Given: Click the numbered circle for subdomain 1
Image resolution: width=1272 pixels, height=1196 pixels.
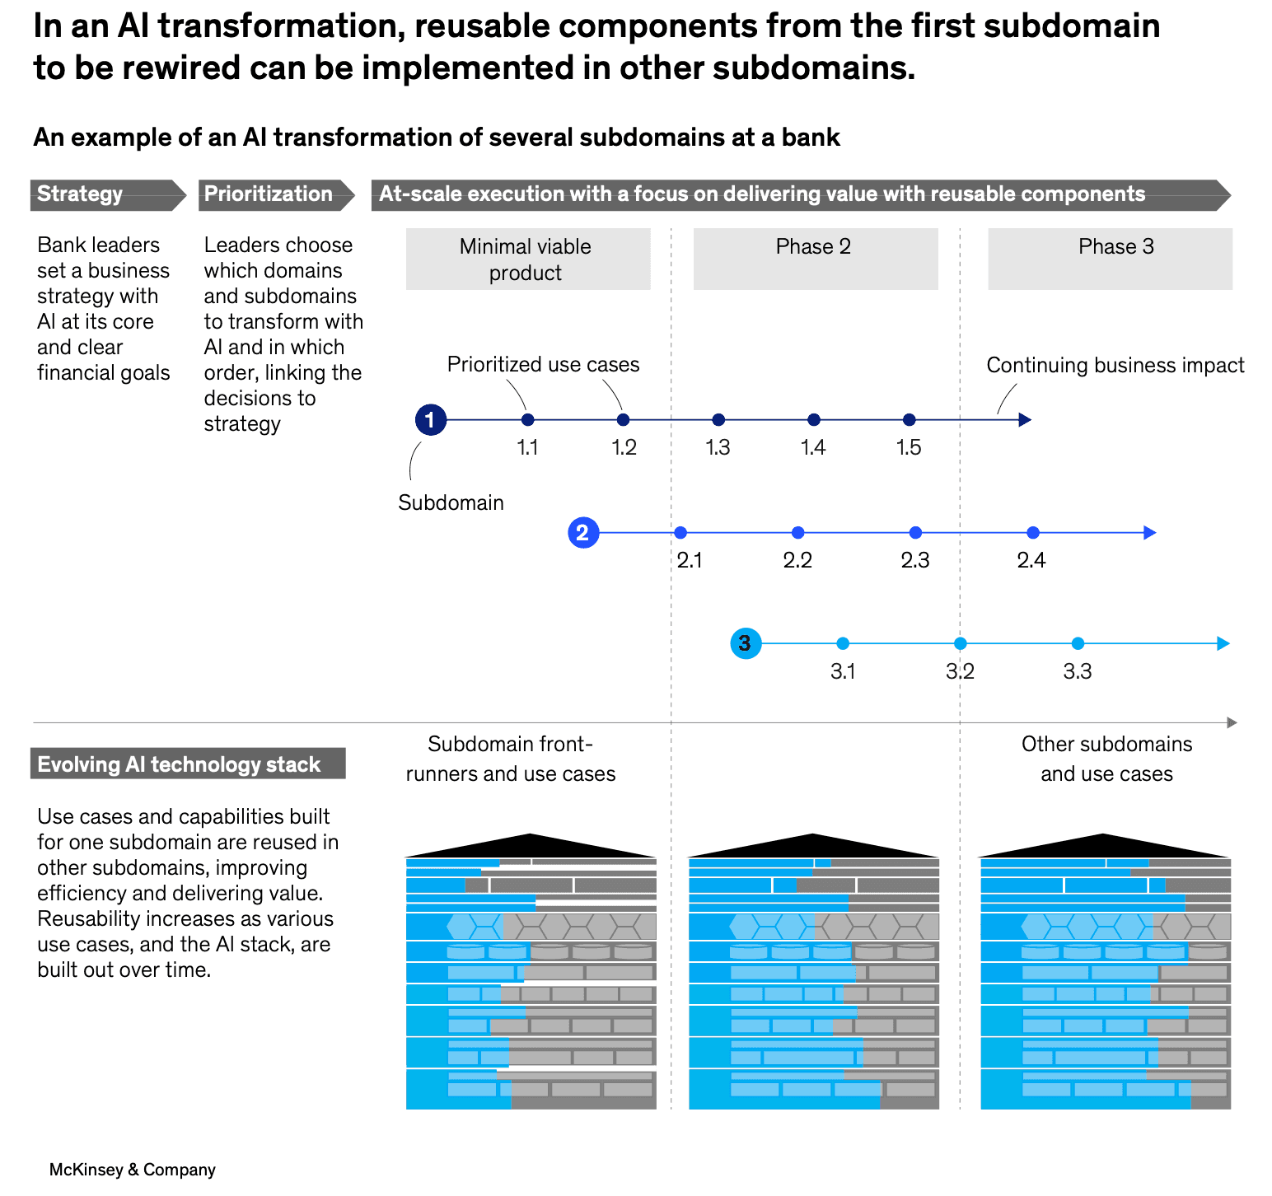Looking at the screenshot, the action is pyautogui.click(x=430, y=420).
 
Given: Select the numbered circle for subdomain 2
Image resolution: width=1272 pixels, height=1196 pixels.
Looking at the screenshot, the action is pyautogui.click(x=583, y=533).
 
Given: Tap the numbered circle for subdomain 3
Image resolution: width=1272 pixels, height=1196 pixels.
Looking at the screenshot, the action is pyautogui.click(x=746, y=643).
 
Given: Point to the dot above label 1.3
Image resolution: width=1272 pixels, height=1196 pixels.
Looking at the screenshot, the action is pyautogui.click(x=718, y=420).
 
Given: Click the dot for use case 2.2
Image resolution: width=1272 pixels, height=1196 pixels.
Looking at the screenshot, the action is pyautogui.click(x=797, y=533).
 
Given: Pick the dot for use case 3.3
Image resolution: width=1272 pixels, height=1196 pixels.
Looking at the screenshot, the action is pyautogui.click(x=1078, y=643).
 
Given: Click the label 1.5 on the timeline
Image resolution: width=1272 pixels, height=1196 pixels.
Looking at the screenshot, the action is pyautogui.click(x=909, y=447).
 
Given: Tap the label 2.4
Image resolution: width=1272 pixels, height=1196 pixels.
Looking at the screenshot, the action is pyautogui.click(x=1031, y=560).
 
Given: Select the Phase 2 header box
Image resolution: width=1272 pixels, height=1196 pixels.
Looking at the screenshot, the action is pyautogui.click(x=816, y=259).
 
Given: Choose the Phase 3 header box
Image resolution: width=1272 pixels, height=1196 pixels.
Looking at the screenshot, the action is pyautogui.click(x=1111, y=259).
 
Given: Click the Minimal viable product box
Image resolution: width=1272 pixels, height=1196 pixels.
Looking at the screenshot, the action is pyautogui.click(x=528, y=259).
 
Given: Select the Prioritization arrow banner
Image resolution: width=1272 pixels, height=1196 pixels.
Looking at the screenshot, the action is pyautogui.click(x=277, y=195).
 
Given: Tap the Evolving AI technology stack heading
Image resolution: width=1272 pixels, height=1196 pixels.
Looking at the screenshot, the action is pyautogui.click(x=188, y=764).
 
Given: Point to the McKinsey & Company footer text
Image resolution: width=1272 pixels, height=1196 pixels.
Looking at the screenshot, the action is pyautogui.click(x=133, y=1170).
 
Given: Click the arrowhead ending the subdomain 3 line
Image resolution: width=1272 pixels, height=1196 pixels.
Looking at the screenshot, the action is pyautogui.click(x=1223, y=643).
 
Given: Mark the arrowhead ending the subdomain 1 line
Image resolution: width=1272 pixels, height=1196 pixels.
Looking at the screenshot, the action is pyautogui.click(x=1025, y=420).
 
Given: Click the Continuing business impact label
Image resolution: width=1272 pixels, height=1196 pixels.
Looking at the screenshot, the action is pyautogui.click(x=1115, y=365).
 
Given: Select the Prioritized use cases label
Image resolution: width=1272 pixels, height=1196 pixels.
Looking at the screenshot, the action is pyautogui.click(x=543, y=364).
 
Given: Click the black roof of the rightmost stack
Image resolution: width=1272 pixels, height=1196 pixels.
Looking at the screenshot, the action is pyautogui.click(x=1105, y=847).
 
